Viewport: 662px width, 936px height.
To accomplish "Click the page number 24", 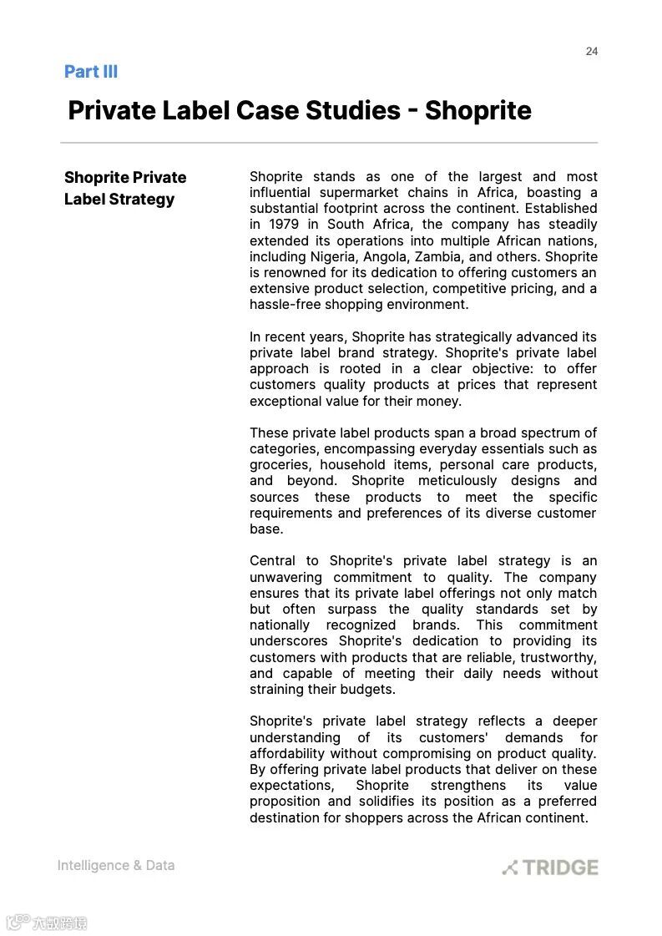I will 591,52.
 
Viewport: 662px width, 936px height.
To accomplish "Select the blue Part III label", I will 91,72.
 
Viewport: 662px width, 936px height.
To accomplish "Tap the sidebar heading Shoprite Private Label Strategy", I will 125,188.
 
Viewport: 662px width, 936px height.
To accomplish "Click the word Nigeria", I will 332,256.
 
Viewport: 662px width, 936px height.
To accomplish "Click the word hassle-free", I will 281,305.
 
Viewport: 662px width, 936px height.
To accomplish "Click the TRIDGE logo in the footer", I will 550,868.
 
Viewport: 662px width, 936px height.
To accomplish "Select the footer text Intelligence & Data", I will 116,866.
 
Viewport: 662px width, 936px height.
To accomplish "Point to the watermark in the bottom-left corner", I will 47,923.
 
